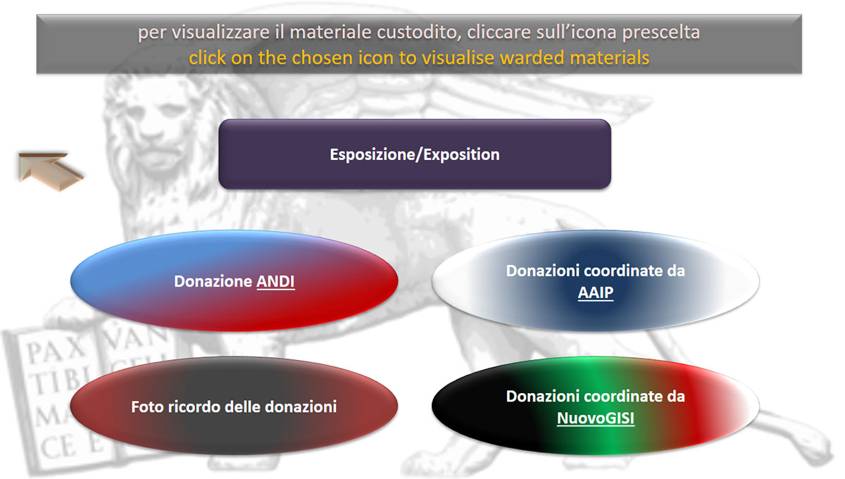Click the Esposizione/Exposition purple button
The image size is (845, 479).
[414, 154]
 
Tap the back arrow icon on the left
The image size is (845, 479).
[50, 168]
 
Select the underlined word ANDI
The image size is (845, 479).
[275, 282]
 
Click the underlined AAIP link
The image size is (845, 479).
[595, 292]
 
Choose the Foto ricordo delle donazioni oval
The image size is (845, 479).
[234, 406]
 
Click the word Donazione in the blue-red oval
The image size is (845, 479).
[213, 282]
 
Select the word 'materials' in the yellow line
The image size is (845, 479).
[608, 58]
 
